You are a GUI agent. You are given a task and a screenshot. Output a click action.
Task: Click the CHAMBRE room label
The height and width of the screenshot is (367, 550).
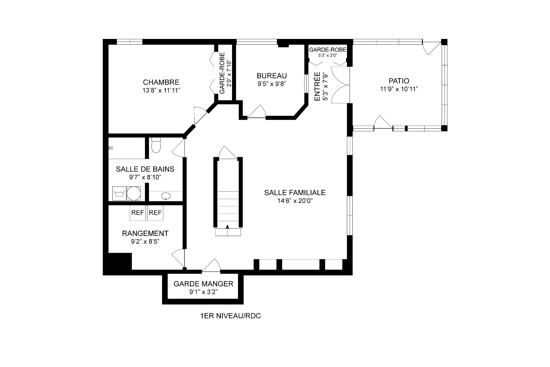161,83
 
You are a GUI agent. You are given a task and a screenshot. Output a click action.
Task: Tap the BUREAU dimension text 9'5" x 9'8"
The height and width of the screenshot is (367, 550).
272,84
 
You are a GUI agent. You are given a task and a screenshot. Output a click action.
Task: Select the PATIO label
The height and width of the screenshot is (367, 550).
399,81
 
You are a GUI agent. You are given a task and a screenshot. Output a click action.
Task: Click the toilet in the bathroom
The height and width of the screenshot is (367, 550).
156,145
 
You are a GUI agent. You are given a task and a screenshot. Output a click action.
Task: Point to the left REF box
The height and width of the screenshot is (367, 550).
138,213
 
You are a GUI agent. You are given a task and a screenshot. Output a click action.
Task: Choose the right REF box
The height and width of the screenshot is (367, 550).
155,213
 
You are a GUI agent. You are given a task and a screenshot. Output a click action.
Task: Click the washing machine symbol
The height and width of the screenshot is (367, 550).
119,194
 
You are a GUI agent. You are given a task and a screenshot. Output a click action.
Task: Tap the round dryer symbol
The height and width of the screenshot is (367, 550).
134,194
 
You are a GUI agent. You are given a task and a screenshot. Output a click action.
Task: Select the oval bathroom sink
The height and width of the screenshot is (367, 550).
166,196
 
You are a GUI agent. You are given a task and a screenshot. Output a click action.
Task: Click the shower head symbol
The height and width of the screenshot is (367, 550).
111,148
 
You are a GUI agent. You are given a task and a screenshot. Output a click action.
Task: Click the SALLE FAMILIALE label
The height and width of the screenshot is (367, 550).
295,193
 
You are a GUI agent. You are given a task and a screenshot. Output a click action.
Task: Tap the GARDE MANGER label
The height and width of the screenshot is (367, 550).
203,284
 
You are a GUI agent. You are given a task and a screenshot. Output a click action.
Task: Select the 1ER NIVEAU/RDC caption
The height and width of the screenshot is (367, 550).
231,316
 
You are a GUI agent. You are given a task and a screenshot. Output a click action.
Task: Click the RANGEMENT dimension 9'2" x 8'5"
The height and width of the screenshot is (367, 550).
145,242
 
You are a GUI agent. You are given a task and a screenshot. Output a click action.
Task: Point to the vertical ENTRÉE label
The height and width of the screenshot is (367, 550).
317,86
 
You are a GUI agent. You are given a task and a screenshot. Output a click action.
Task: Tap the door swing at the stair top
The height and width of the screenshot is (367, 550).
228,152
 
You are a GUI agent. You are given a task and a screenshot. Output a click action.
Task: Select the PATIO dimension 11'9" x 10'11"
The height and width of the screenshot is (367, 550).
399,89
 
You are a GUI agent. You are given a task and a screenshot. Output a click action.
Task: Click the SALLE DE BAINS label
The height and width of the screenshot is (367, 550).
145,169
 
